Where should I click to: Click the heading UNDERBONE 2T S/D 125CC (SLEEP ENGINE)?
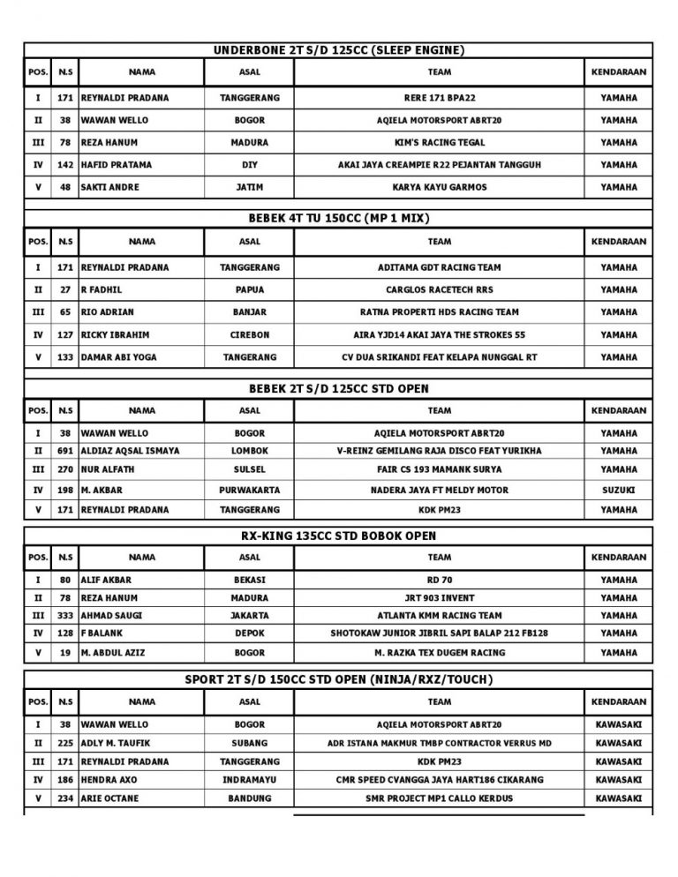tap(339, 50)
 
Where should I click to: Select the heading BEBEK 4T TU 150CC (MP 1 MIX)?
tap(339, 218)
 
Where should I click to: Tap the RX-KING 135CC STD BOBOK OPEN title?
tap(339, 536)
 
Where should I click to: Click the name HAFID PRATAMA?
tap(117, 165)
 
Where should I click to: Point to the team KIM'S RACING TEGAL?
tap(439, 142)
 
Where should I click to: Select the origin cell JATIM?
tap(250, 187)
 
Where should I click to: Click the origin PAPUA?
tap(250, 289)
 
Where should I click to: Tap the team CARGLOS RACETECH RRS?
tap(439, 289)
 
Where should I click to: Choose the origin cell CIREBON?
tap(250, 335)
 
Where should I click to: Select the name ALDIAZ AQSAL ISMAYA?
tap(130, 451)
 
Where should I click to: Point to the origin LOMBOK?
tap(250, 451)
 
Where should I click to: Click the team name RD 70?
tap(439, 581)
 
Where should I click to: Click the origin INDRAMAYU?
tap(250, 780)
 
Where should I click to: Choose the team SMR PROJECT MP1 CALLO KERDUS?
tap(439, 798)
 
